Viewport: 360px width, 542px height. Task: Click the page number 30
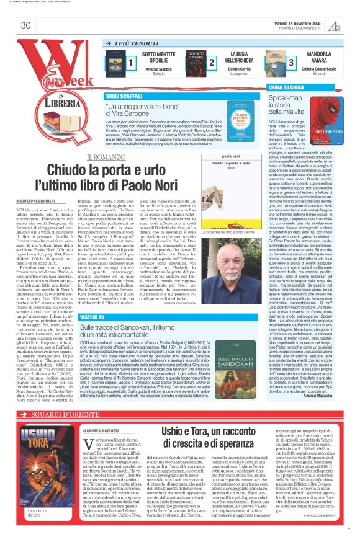coord(25,25)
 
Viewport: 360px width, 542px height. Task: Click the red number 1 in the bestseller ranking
coord(131,63)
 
